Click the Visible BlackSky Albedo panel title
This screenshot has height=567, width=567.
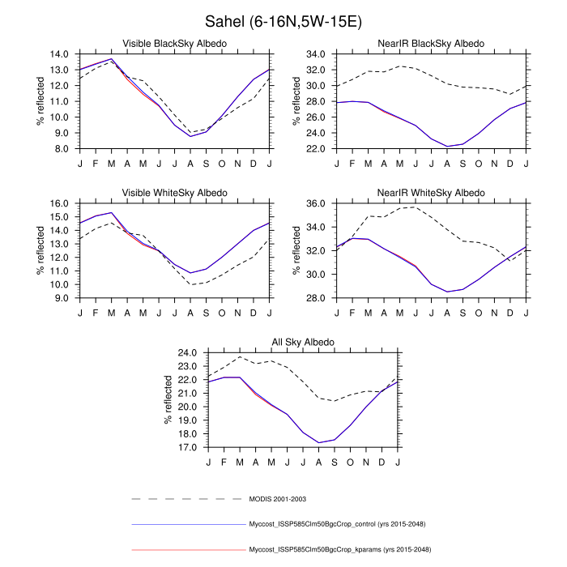174,43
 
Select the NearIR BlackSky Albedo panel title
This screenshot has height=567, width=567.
432,43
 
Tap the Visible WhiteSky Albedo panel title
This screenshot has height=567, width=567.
174,193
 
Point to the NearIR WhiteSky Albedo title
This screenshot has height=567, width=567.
432,193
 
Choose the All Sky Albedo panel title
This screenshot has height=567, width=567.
303,343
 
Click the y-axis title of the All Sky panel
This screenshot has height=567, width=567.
168,400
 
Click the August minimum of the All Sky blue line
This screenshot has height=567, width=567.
319,442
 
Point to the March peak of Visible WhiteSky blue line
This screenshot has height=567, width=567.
111,212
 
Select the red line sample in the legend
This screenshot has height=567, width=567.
188,549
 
